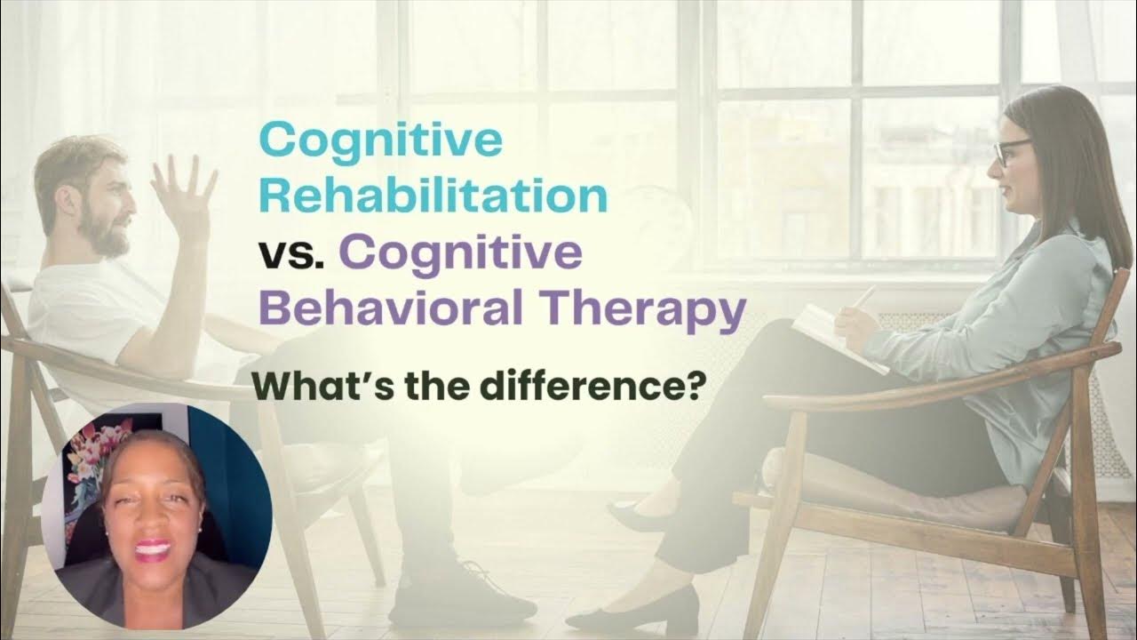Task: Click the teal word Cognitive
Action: [x=380, y=140]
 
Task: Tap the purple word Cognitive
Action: [x=460, y=253]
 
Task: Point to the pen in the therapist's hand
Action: [x=863, y=297]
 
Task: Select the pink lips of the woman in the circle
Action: [x=153, y=548]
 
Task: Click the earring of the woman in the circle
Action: [x=199, y=531]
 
